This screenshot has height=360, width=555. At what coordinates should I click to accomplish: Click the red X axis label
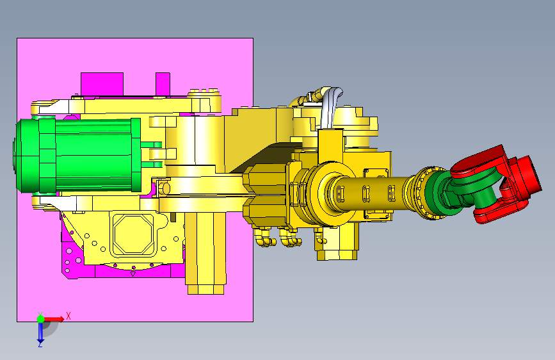click(68, 316)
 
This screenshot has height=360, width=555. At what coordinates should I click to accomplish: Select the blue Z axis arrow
click(40, 331)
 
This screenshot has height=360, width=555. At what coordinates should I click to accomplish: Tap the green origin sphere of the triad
click(41, 319)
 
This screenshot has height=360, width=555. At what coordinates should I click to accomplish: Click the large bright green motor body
click(94, 154)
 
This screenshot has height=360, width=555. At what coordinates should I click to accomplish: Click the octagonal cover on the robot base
click(133, 234)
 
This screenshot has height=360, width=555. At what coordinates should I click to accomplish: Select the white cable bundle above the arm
click(331, 107)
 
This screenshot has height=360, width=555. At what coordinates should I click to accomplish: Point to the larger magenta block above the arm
click(102, 84)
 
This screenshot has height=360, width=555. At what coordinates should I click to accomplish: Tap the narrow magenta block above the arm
click(163, 84)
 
